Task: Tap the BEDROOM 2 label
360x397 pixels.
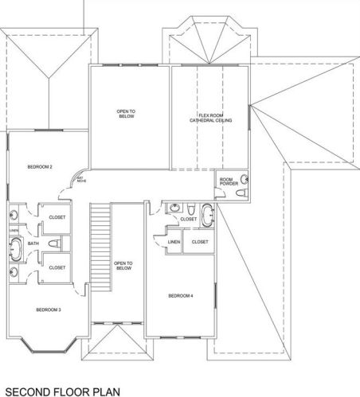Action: [39, 167]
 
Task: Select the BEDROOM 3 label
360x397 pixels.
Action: [49, 309]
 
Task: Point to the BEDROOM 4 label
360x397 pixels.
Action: [180, 296]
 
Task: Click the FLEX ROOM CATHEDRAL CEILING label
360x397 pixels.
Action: [209, 118]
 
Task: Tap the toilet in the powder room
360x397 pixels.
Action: [245, 184]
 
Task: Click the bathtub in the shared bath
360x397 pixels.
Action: [15, 247]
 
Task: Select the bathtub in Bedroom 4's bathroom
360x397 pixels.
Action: [207, 215]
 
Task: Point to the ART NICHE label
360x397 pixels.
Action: [80, 180]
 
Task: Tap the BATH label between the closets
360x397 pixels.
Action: [33, 243]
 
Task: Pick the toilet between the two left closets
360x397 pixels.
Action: [53, 243]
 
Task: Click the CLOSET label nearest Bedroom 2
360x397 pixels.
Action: [57, 216]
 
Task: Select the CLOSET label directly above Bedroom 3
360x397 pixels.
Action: [57, 268]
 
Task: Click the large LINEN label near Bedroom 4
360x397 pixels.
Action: [174, 241]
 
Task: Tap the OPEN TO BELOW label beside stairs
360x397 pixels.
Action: [123, 266]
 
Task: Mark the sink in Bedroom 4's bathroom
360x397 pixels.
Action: [175, 208]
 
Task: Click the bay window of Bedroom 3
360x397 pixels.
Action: [49, 344]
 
